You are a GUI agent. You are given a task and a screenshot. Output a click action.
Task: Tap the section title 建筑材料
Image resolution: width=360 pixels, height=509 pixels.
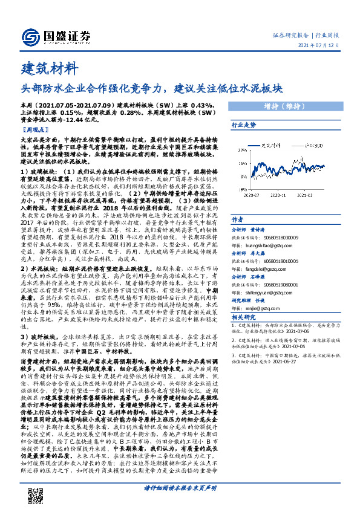pos(50,66)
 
